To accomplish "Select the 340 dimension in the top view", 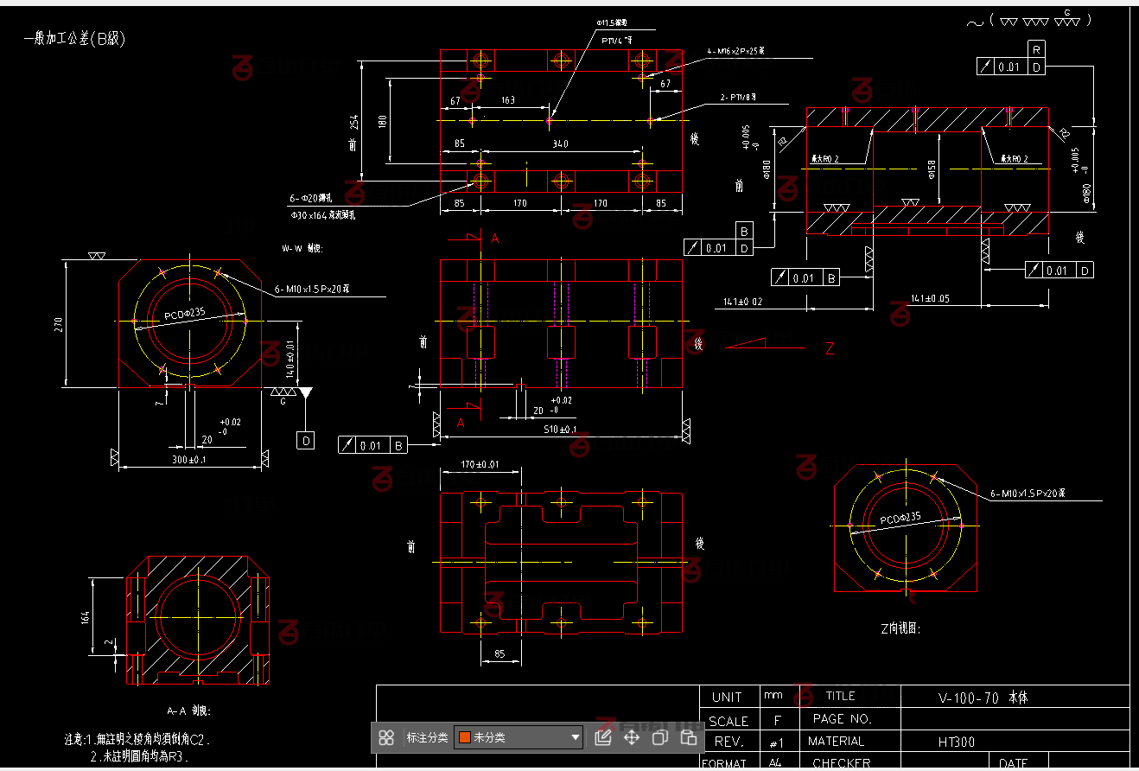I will [x=560, y=143].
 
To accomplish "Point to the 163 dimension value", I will [x=508, y=100].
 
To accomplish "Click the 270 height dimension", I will [x=59, y=325].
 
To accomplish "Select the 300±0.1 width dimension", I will [x=188, y=460].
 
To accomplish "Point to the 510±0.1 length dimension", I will [x=561, y=430].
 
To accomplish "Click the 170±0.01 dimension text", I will [x=480, y=465].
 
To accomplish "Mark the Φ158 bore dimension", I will [x=932, y=169].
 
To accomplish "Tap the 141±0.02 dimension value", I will [x=743, y=302].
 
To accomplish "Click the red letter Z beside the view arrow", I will [x=830, y=349].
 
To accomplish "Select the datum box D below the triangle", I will [x=306, y=441].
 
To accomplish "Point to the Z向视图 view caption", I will [x=900, y=628].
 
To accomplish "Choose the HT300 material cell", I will [x=958, y=742].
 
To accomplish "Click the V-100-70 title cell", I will [x=983, y=697].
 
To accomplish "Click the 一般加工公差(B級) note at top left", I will [x=75, y=39].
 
